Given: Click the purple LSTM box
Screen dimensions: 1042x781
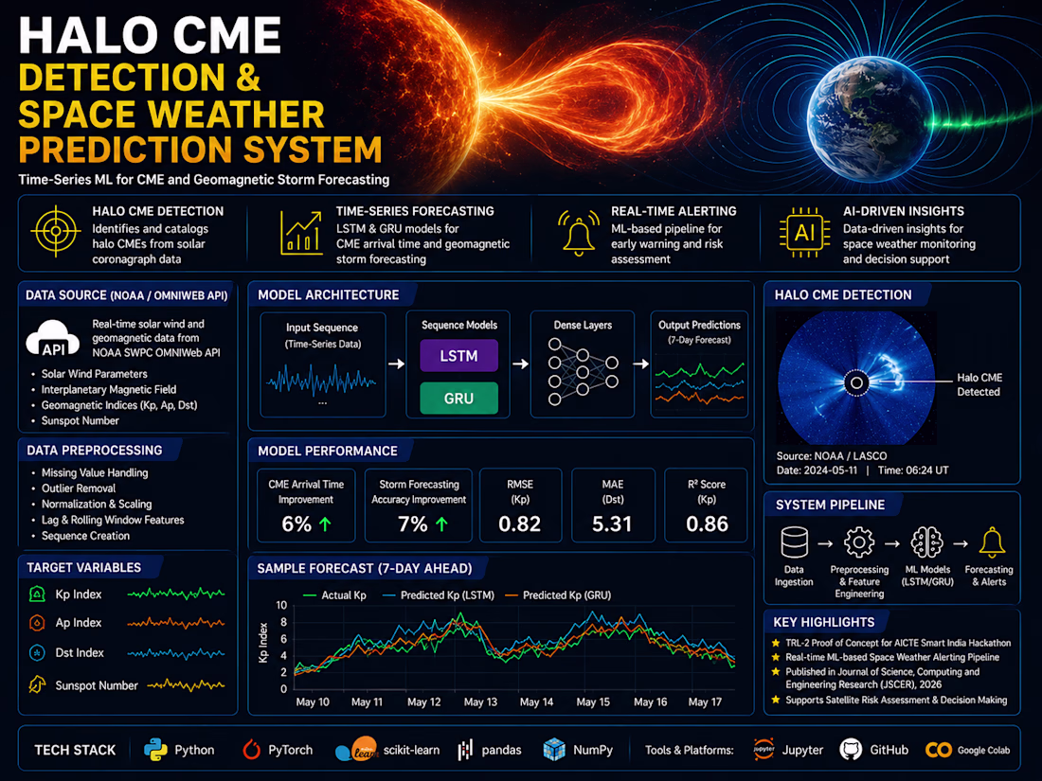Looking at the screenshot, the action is [x=458, y=355].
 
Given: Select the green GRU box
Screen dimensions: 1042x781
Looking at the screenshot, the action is [x=458, y=398].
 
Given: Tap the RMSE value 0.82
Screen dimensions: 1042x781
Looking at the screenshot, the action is [x=520, y=524].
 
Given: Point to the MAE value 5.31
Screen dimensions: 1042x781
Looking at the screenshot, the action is [x=612, y=524].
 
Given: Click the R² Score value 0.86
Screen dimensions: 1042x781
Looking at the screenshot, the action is [x=707, y=524].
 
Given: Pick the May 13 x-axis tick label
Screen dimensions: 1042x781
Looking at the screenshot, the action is [x=480, y=702].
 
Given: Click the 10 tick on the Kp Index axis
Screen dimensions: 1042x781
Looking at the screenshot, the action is [x=281, y=605].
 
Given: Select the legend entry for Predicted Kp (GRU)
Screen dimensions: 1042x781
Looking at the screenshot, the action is [x=558, y=595].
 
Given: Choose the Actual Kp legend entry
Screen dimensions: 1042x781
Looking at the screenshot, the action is [x=334, y=595].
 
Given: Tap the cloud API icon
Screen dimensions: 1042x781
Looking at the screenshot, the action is [x=53, y=339].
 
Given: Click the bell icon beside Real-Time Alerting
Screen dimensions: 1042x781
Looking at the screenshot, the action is [x=578, y=233].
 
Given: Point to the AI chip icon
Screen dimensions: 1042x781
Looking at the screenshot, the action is [x=804, y=233].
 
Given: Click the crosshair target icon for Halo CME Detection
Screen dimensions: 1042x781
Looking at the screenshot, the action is [x=56, y=231].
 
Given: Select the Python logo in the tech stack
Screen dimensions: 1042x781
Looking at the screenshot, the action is [x=155, y=750].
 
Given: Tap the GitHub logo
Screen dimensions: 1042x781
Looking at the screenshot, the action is [x=851, y=750].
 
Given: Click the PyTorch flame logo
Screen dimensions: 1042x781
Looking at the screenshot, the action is [x=251, y=749].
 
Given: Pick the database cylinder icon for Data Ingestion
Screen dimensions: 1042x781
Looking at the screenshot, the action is [x=794, y=541].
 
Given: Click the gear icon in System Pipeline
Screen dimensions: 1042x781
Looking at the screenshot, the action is [x=859, y=542].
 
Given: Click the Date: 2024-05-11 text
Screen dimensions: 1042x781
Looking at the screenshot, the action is [x=817, y=470].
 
